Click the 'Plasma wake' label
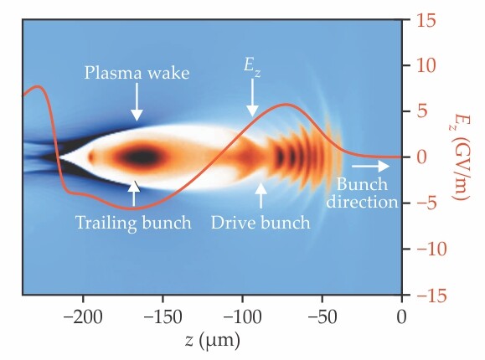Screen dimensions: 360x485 137,73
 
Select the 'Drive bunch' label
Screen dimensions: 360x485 261,223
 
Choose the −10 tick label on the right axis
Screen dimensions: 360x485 427,249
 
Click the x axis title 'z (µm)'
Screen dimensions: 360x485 212,342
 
